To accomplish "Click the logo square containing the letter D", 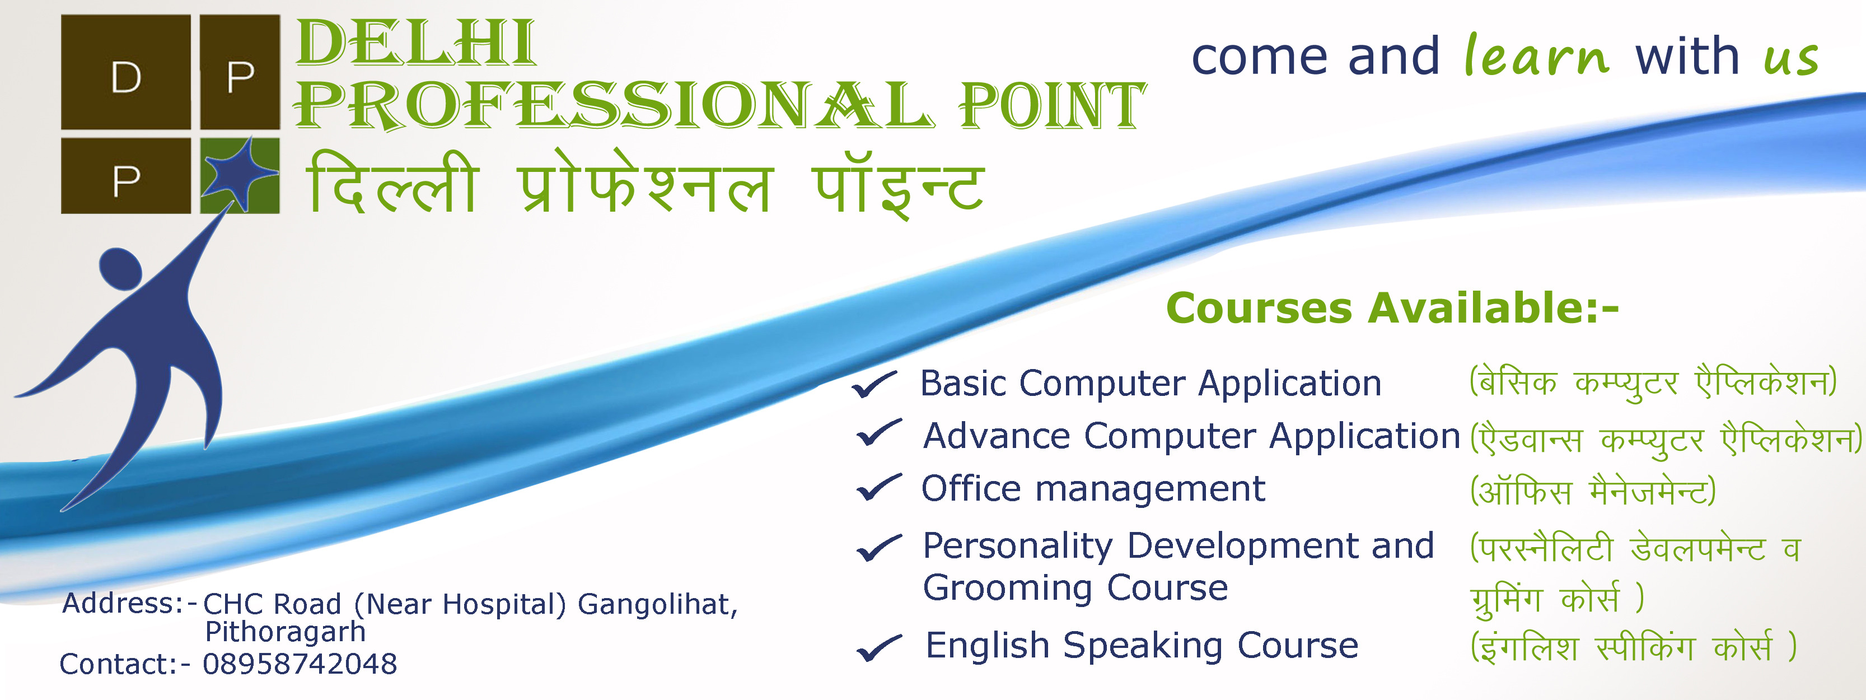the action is (126, 72).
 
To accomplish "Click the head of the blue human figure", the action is (120, 269).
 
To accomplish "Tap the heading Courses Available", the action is (1392, 308).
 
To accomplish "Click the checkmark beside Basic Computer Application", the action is (875, 384).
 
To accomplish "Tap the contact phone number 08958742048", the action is (300, 664).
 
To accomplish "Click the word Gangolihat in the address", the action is (658, 604).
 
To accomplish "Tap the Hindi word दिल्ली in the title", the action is (392, 183).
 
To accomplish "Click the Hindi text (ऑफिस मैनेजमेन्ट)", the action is (1593, 491).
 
